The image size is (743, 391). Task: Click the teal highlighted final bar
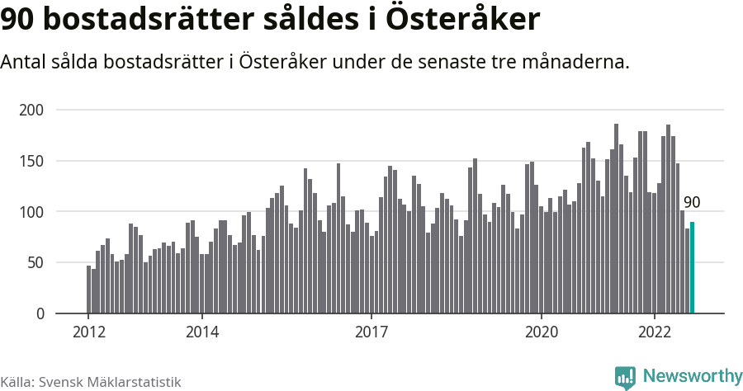point(693,268)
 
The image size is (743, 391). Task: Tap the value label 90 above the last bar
point(692,203)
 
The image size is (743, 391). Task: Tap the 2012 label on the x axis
point(88,332)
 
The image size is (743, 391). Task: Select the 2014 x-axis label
point(201,332)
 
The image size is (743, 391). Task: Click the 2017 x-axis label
point(371,332)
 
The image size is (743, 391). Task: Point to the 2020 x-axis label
point(542,332)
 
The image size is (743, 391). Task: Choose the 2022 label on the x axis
point(655,332)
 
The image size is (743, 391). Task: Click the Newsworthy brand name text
point(692,376)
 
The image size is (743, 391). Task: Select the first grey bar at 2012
point(88,290)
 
